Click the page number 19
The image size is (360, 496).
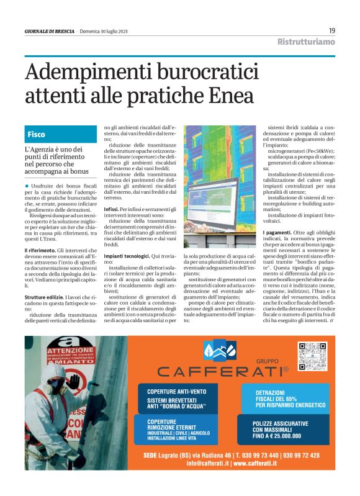[x=332, y=30]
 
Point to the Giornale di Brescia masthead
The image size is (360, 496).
[x=49, y=31]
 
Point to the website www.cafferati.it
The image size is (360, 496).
[x=277, y=463]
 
